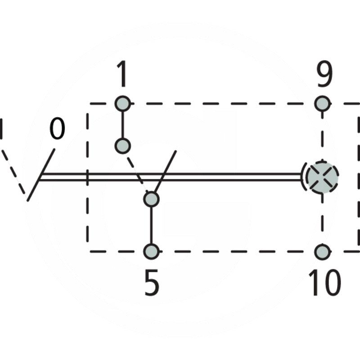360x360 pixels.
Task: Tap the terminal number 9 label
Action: pos(324,74)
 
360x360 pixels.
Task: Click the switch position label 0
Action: pos(57,128)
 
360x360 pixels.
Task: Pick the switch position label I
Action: pos(1,129)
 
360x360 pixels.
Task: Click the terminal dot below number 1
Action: pos(122,103)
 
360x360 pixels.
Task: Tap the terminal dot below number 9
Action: pos(322,103)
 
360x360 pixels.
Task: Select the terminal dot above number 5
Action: pos(151,252)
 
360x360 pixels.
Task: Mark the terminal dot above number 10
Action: pos(322,252)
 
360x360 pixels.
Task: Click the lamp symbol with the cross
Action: pos(322,177)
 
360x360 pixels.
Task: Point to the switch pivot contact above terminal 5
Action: pos(151,199)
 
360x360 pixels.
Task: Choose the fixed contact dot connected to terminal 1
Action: pos(122,146)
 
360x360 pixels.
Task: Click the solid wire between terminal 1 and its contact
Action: pos(122,125)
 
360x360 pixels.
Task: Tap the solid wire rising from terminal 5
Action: pos(151,225)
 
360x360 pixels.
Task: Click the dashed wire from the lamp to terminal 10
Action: pos(322,219)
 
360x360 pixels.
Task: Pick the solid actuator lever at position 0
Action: pos(41,175)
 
